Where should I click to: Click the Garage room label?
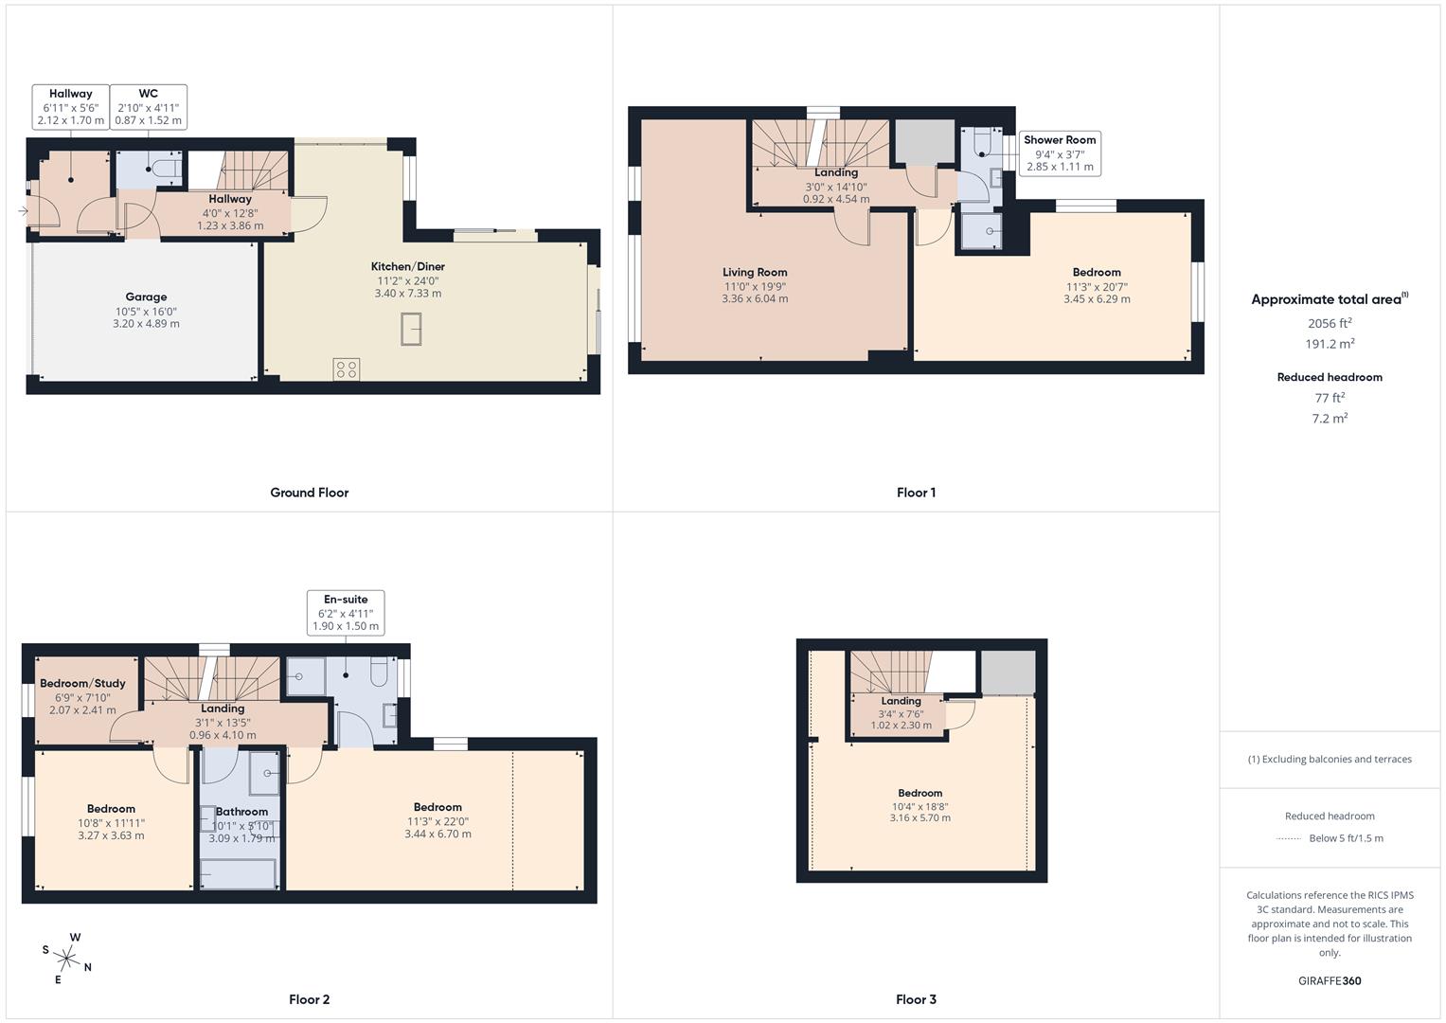[x=146, y=296]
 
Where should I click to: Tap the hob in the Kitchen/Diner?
[x=347, y=369]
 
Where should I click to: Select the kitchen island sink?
[x=412, y=330]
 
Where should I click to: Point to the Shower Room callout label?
[x=1060, y=140]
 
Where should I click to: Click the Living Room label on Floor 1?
[x=755, y=273]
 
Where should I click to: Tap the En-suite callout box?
[x=346, y=612]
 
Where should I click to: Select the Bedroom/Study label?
[x=82, y=684]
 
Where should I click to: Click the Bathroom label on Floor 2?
[x=241, y=812]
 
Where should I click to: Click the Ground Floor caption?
[x=310, y=493]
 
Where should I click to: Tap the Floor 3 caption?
[x=916, y=999]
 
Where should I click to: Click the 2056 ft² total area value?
[x=1330, y=323]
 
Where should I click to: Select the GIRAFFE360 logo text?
[x=1330, y=981]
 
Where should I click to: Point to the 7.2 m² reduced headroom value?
[x=1330, y=419]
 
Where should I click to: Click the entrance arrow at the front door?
[x=23, y=211]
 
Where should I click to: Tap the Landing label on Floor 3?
[x=901, y=702]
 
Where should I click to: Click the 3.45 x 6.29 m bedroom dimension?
[x=1097, y=299]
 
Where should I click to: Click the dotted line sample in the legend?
[x=1289, y=838]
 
